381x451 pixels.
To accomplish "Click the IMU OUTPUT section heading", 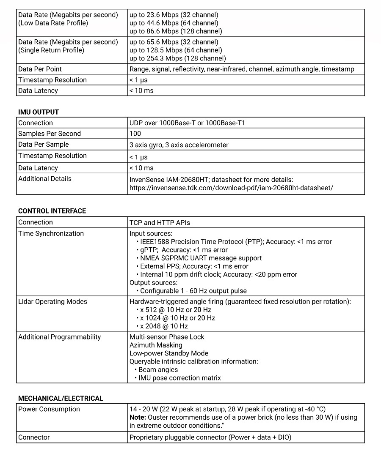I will [39, 112].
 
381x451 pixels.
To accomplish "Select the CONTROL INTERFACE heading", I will [52, 211].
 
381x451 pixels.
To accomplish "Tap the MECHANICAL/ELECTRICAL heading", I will [61, 398].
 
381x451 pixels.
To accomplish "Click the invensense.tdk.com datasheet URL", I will [231, 187].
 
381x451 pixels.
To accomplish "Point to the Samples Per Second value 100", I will [135, 134].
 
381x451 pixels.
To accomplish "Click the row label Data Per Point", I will [40, 69].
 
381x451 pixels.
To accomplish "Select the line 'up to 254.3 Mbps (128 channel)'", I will [178, 58].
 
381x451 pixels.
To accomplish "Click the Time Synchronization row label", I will [51, 233].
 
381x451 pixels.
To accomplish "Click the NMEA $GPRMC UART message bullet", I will [201, 258].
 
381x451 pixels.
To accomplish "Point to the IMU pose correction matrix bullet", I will [179, 378].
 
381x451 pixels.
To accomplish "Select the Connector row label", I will [34, 437].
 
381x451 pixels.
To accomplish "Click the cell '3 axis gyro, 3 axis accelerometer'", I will [179, 145].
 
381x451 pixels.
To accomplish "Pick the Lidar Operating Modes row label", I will [52, 301].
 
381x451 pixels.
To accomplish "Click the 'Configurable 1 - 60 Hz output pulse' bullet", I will [193, 291].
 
